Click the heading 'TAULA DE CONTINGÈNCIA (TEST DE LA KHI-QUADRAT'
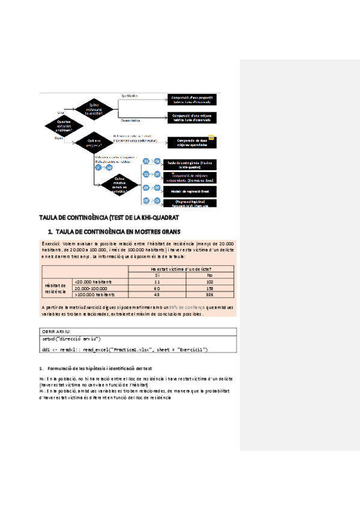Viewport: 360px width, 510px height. click(x=109, y=217)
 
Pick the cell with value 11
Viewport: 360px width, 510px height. click(x=156, y=281)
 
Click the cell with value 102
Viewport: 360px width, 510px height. click(x=209, y=281)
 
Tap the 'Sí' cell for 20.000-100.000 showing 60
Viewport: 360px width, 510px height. click(x=156, y=288)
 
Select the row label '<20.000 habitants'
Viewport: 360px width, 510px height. click(x=93, y=281)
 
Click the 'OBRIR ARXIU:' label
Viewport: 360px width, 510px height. click(x=55, y=331)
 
